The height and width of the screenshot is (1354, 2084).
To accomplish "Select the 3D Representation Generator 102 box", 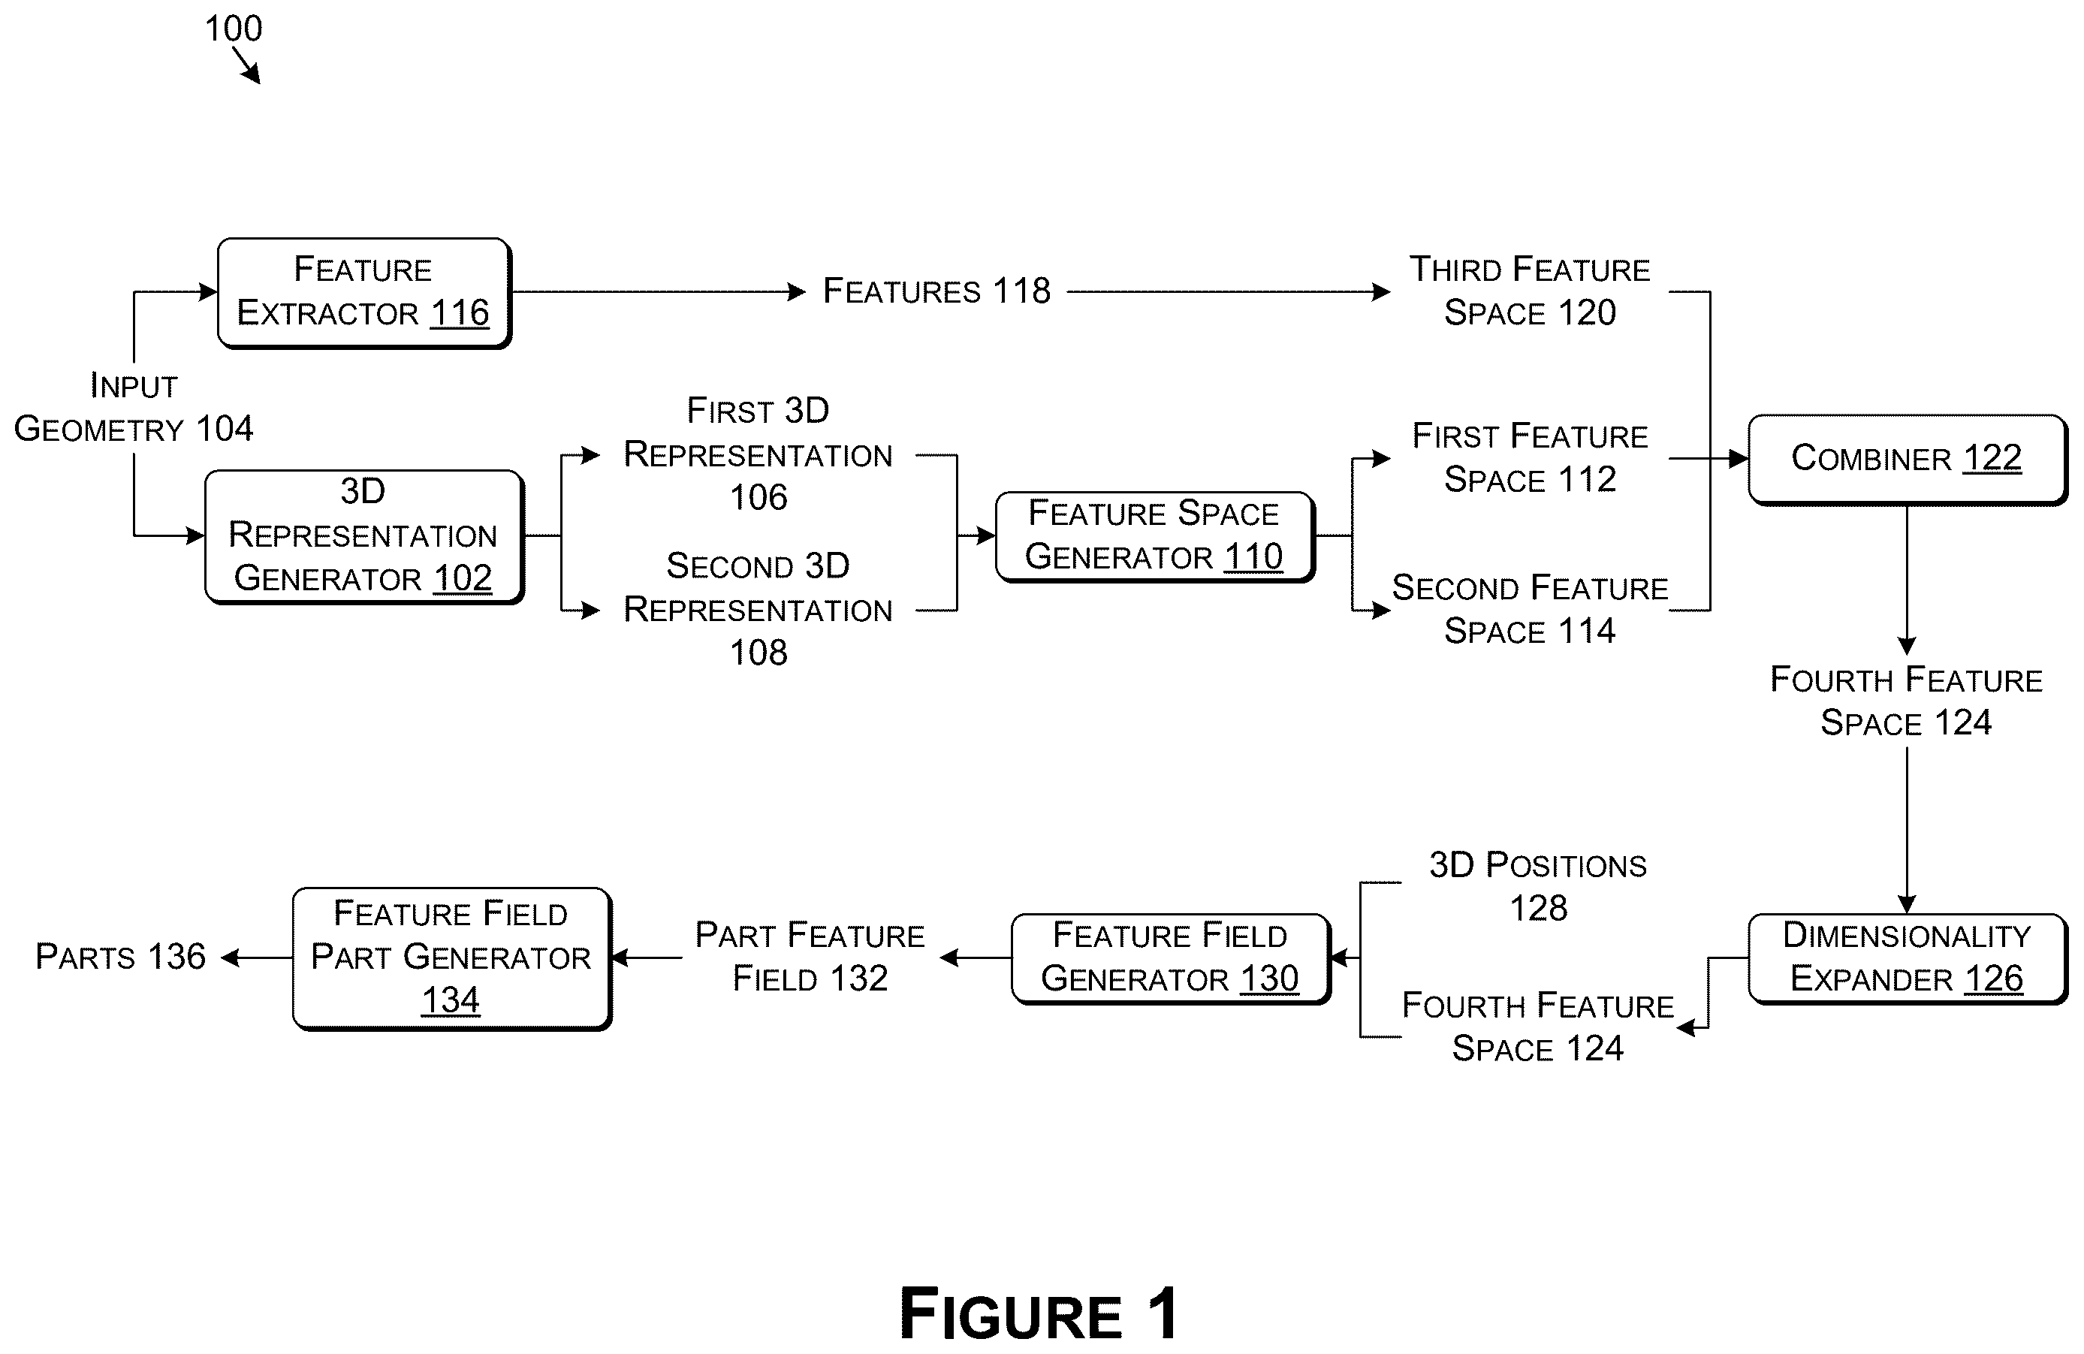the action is [x=364, y=536].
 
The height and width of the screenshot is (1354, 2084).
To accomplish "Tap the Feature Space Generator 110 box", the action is [x=1155, y=536].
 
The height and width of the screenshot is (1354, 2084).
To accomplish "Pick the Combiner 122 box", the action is [x=1907, y=459].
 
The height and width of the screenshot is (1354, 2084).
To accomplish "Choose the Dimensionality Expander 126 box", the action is [x=1907, y=958].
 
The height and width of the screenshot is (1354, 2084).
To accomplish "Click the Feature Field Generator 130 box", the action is [x=1171, y=958].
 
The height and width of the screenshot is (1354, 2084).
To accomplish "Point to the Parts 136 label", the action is [x=121, y=957].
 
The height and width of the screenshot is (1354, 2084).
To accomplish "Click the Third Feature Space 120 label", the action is [x=1530, y=291].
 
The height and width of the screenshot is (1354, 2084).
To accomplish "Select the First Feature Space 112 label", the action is [x=1530, y=458].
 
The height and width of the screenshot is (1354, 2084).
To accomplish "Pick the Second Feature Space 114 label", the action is [x=1530, y=610].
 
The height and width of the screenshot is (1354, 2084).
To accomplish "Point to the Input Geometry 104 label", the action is [x=134, y=407].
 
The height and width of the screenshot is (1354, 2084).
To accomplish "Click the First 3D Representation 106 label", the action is [x=759, y=454].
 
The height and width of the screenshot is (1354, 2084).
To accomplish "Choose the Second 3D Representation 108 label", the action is [x=759, y=609].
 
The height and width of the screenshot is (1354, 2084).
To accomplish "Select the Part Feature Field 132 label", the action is [x=810, y=957].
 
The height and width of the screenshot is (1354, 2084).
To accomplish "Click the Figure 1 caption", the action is [x=1039, y=1313].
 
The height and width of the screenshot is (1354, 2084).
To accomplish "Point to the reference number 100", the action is [x=234, y=29].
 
